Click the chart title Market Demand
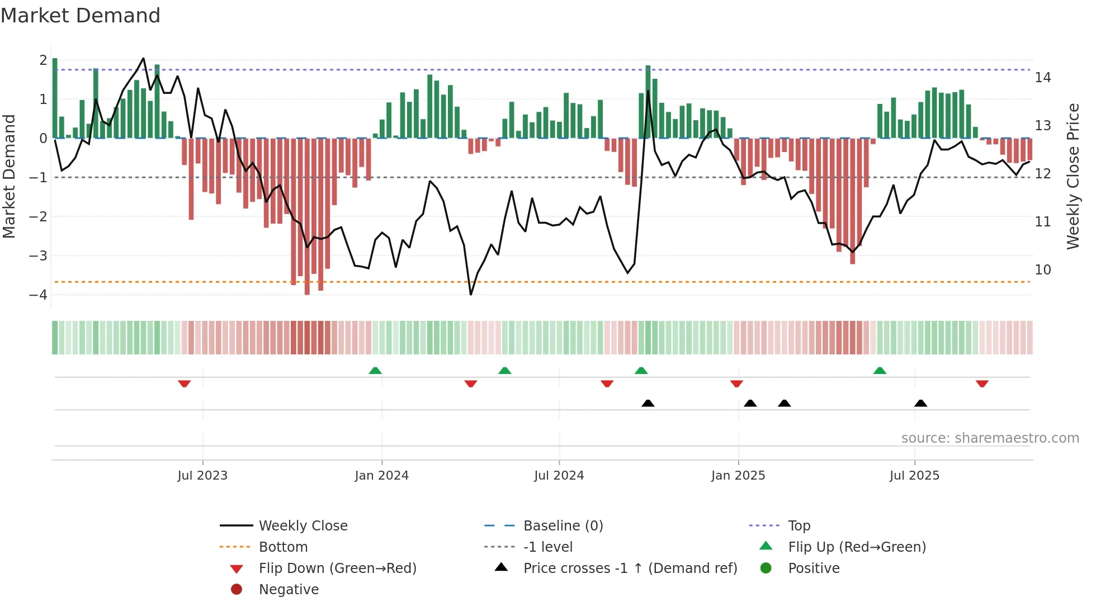click(x=81, y=16)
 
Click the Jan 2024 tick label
click(x=381, y=476)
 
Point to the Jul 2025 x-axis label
click(x=914, y=476)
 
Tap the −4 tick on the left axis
click(x=39, y=295)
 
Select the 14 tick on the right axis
click(x=1042, y=78)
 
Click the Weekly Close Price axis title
click(x=1073, y=176)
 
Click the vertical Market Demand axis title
click(x=9, y=176)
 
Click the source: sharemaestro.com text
click(x=990, y=438)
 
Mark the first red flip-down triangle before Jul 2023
click(x=185, y=383)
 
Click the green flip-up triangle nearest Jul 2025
click(x=880, y=371)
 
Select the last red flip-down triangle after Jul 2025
click(x=982, y=383)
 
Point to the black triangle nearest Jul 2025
click(x=920, y=403)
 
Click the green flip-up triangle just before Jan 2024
click(x=375, y=371)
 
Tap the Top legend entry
click(x=799, y=526)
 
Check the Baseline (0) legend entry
click(x=563, y=526)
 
